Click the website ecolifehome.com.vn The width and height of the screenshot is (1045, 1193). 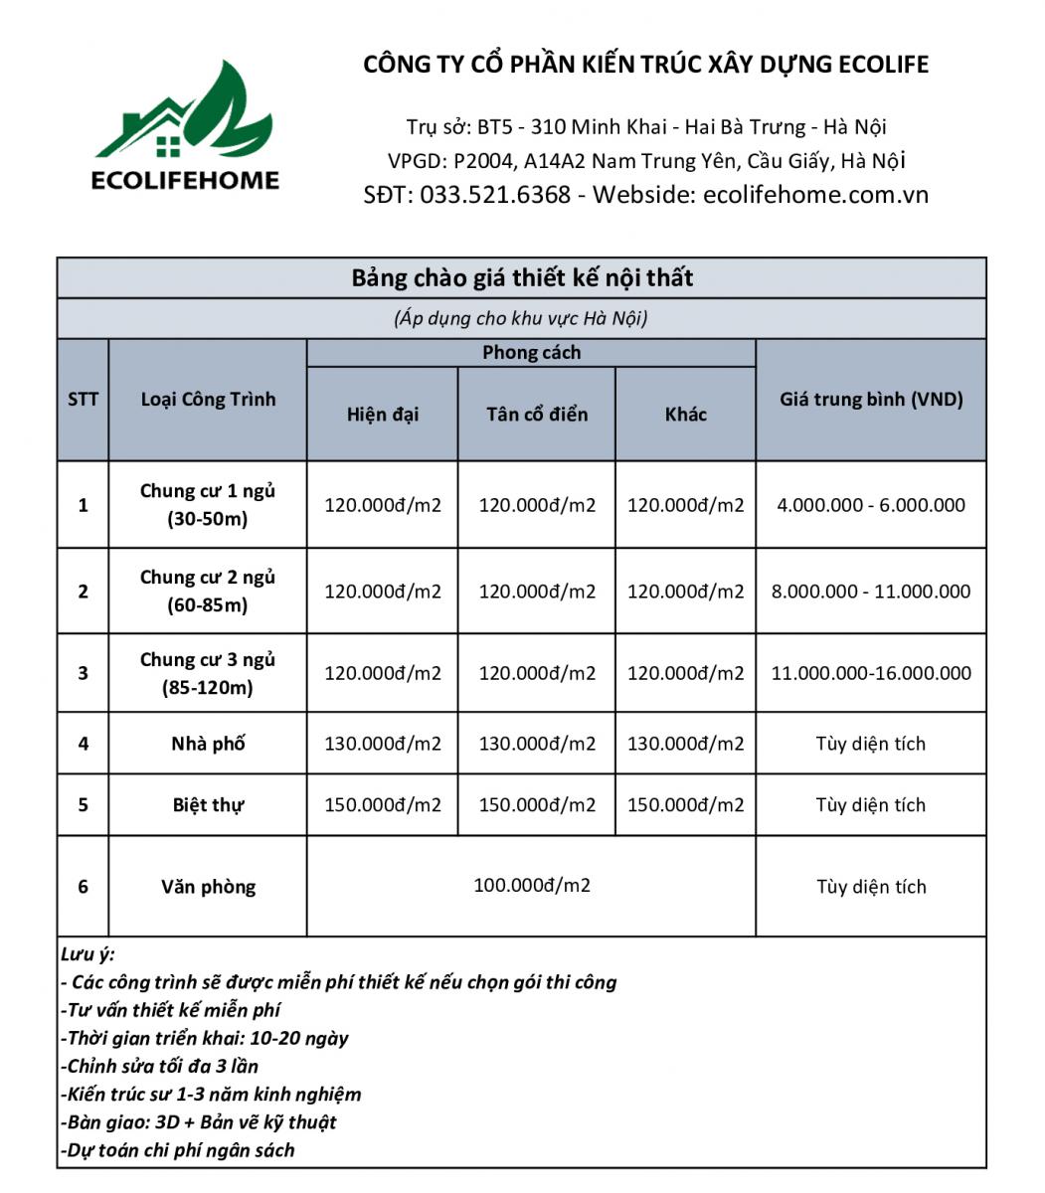tap(815, 194)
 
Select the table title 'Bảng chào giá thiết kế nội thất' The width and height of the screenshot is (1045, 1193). tap(522, 277)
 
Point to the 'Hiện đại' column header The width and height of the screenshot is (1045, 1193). tap(383, 415)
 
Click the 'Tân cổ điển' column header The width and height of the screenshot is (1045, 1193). tap(537, 415)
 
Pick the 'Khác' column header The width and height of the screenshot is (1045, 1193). tap(685, 415)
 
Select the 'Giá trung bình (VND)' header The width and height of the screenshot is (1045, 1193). tap(871, 400)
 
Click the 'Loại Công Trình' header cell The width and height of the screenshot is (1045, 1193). tap(208, 400)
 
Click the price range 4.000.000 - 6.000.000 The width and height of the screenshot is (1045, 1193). tap(871, 505)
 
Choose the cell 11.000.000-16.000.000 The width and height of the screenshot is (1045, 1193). tap(871, 673)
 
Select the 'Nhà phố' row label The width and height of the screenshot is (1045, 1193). tap(208, 744)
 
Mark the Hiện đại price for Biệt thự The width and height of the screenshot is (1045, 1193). tap(383, 805)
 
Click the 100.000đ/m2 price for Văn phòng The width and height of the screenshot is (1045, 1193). tap(532, 885)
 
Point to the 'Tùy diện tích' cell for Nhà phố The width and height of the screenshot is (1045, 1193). tap(871, 744)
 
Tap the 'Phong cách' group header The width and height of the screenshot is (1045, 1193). tap(531, 353)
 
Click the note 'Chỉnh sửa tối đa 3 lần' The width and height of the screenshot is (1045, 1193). tap(161, 1066)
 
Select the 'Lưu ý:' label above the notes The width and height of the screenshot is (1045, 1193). tap(87, 954)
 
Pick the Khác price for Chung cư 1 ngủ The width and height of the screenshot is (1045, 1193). tap(685, 505)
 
